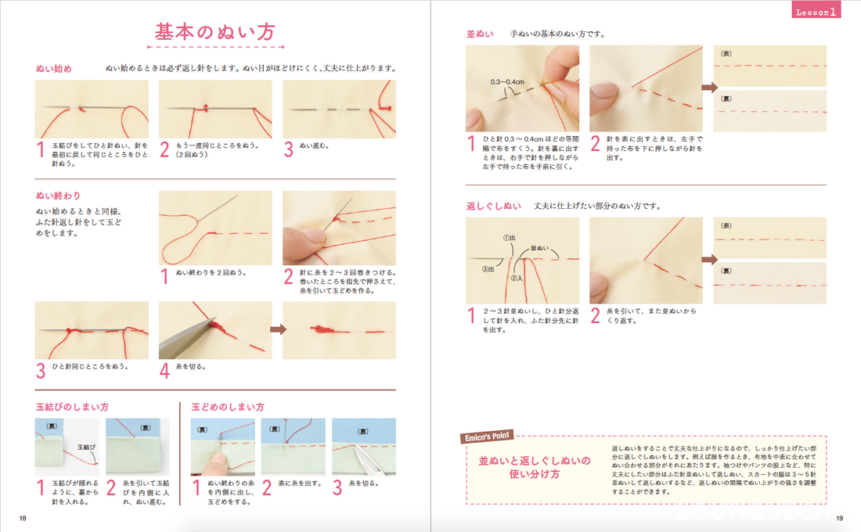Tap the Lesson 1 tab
816,11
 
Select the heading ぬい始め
54,69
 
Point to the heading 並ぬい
479,34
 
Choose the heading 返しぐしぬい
493,207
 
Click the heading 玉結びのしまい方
72,408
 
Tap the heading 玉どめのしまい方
228,408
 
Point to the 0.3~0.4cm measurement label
508,81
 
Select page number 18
23,517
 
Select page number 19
839,517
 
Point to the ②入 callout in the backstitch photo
517,277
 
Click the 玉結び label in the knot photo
86,447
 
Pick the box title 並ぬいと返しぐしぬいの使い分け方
535,468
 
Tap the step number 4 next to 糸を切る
164,370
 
